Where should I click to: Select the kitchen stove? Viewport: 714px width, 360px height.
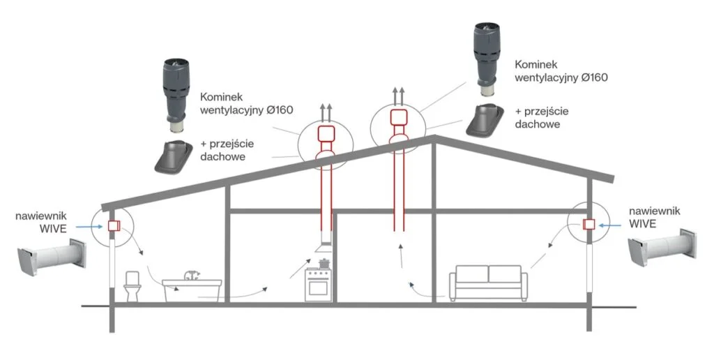point(319,283)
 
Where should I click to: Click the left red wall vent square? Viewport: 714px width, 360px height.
point(113,226)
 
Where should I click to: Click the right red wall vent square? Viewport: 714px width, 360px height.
point(588,224)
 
